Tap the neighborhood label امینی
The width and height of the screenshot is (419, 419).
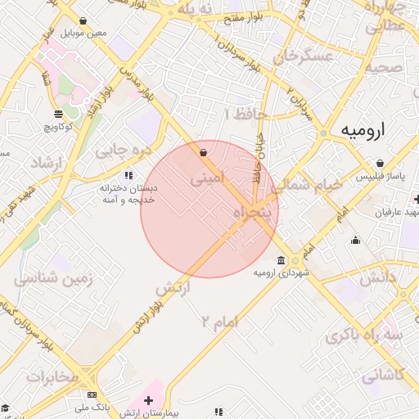(x=206, y=177)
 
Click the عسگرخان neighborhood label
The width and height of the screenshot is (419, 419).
(x=304, y=57)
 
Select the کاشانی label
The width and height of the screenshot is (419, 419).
(x=382, y=376)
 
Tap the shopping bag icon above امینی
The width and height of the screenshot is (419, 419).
(x=203, y=152)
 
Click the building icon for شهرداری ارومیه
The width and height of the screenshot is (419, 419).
(x=282, y=261)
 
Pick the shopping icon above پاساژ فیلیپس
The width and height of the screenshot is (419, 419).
(x=378, y=163)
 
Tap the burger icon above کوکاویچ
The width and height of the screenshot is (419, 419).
(x=57, y=114)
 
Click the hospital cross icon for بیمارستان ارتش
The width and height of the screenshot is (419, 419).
(x=148, y=401)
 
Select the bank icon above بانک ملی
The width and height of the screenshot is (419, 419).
(x=91, y=395)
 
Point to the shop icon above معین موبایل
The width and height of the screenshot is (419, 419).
(x=83, y=21)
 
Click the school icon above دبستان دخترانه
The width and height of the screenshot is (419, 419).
(x=128, y=175)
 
